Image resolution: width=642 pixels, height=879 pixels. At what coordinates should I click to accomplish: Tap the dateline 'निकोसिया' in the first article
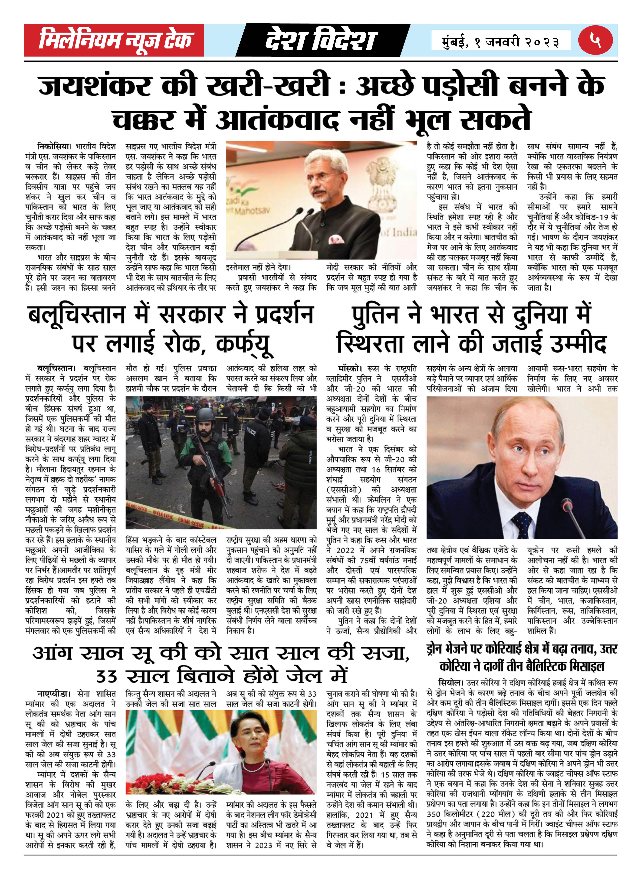[54, 147]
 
